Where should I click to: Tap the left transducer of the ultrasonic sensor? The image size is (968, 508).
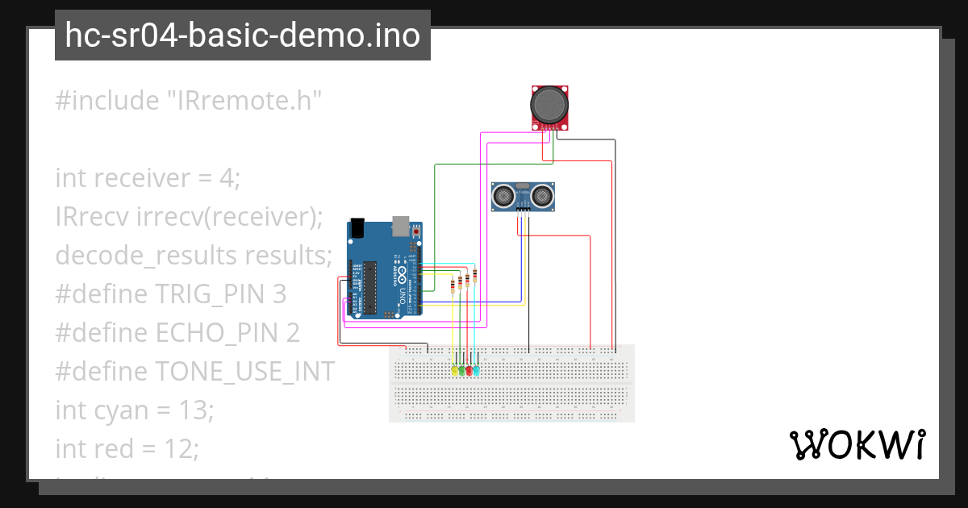(x=504, y=195)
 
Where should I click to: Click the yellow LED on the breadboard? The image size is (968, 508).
(x=455, y=371)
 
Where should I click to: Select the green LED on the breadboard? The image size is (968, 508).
(x=462, y=371)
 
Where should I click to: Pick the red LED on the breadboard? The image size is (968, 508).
(x=469, y=371)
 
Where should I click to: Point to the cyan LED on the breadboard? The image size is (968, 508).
(x=477, y=371)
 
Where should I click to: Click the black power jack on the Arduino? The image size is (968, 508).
(x=358, y=229)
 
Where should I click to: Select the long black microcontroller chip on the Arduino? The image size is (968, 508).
(x=370, y=287)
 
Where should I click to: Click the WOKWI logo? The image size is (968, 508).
(x=857, y=444)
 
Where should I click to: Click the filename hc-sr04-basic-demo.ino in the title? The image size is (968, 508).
(x=242, y=35)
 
